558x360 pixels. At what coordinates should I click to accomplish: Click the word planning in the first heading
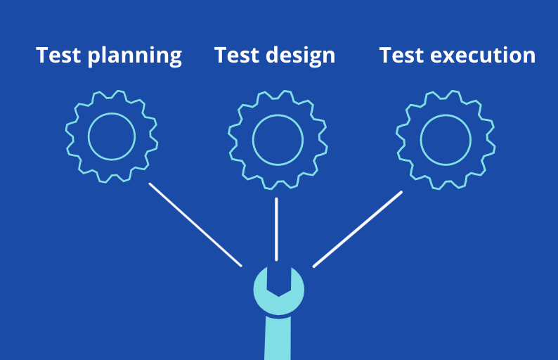point(134,57)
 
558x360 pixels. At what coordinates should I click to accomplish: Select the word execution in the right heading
point(483,56)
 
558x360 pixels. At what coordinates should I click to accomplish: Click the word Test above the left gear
point(58,55)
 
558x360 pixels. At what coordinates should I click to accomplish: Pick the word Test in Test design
point(237,55)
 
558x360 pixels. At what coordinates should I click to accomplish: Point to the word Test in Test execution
point(402,55)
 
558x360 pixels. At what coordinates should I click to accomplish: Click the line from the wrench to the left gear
point(195,225)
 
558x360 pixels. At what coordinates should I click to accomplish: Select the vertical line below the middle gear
point(276,229)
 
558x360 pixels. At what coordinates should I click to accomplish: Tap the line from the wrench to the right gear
point(358,229)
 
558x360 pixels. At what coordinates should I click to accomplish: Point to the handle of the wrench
point(278,338)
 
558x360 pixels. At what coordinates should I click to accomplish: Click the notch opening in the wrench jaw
point(278,281)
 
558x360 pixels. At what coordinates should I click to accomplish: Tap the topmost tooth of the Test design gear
point(286,94)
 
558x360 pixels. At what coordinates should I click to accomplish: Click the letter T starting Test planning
point(43,55)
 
